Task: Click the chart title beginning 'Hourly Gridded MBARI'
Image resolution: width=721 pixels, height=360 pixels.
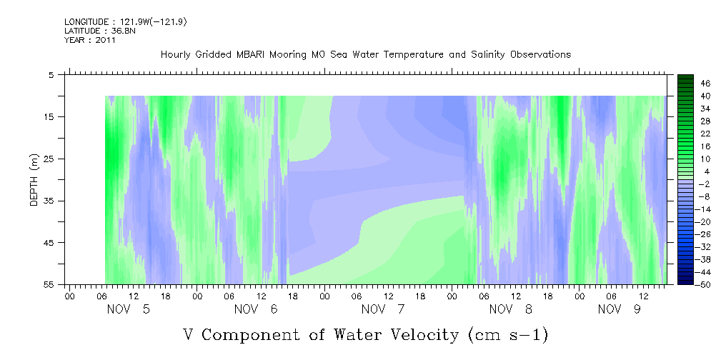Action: pyautogui.click(x=365, y=54)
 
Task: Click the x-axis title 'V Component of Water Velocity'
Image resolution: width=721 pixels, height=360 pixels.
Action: pyautogui.click(x=365, y=334)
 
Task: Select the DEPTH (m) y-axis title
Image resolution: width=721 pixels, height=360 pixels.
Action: pyautogui.click(x=33, y=179)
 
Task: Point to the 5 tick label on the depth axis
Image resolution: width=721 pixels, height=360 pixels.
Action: pyautogui.click(x=51, y=74)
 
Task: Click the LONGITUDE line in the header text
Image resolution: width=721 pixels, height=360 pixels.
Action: pyautogui.click(x=126, y=22)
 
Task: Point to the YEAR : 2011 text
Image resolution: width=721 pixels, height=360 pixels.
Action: pyautogui.click(x=90, y=40)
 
